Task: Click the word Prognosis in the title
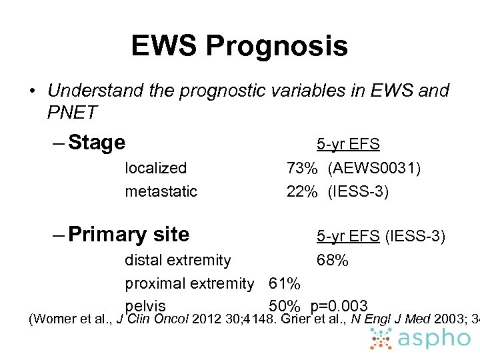click(277, 47)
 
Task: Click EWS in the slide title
click(164, 46)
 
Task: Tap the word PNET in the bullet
click(72, 113)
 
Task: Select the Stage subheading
click(97, 143)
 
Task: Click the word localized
click(156, 168)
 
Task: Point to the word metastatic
click(161, 192)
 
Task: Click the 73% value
click(302, 168)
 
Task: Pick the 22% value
click(302, 192)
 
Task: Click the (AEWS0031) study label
click(374, 168)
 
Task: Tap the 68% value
click(332, 260)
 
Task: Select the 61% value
click(285, 283)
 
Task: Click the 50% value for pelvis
click(285, 306)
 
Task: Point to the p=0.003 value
click(339, 306)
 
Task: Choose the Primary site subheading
click(129, 235)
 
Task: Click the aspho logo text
click(434, 339)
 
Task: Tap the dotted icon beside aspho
click(382, 339)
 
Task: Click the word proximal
click(153, 283)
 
